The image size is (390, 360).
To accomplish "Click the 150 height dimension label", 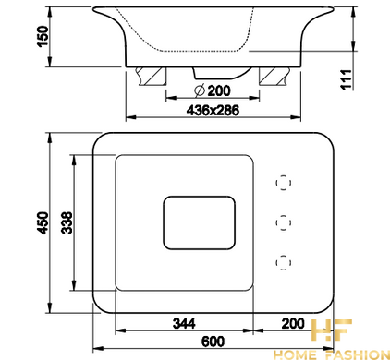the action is coord(43,36).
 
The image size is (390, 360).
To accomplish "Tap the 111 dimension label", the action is coord(346,79).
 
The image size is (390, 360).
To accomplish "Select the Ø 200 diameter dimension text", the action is coord(213,90).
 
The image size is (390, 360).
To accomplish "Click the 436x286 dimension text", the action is coord(213,110).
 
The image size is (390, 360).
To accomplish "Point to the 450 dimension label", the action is coord(43,222).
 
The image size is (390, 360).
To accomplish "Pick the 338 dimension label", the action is coord(67,222).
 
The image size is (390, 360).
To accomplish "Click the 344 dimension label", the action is coord(184,324).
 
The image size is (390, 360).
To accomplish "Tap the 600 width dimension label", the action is coord(213,342).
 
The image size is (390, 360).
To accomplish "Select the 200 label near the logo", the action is coord(293,323).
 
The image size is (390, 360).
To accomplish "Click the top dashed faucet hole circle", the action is coord(284,183).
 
